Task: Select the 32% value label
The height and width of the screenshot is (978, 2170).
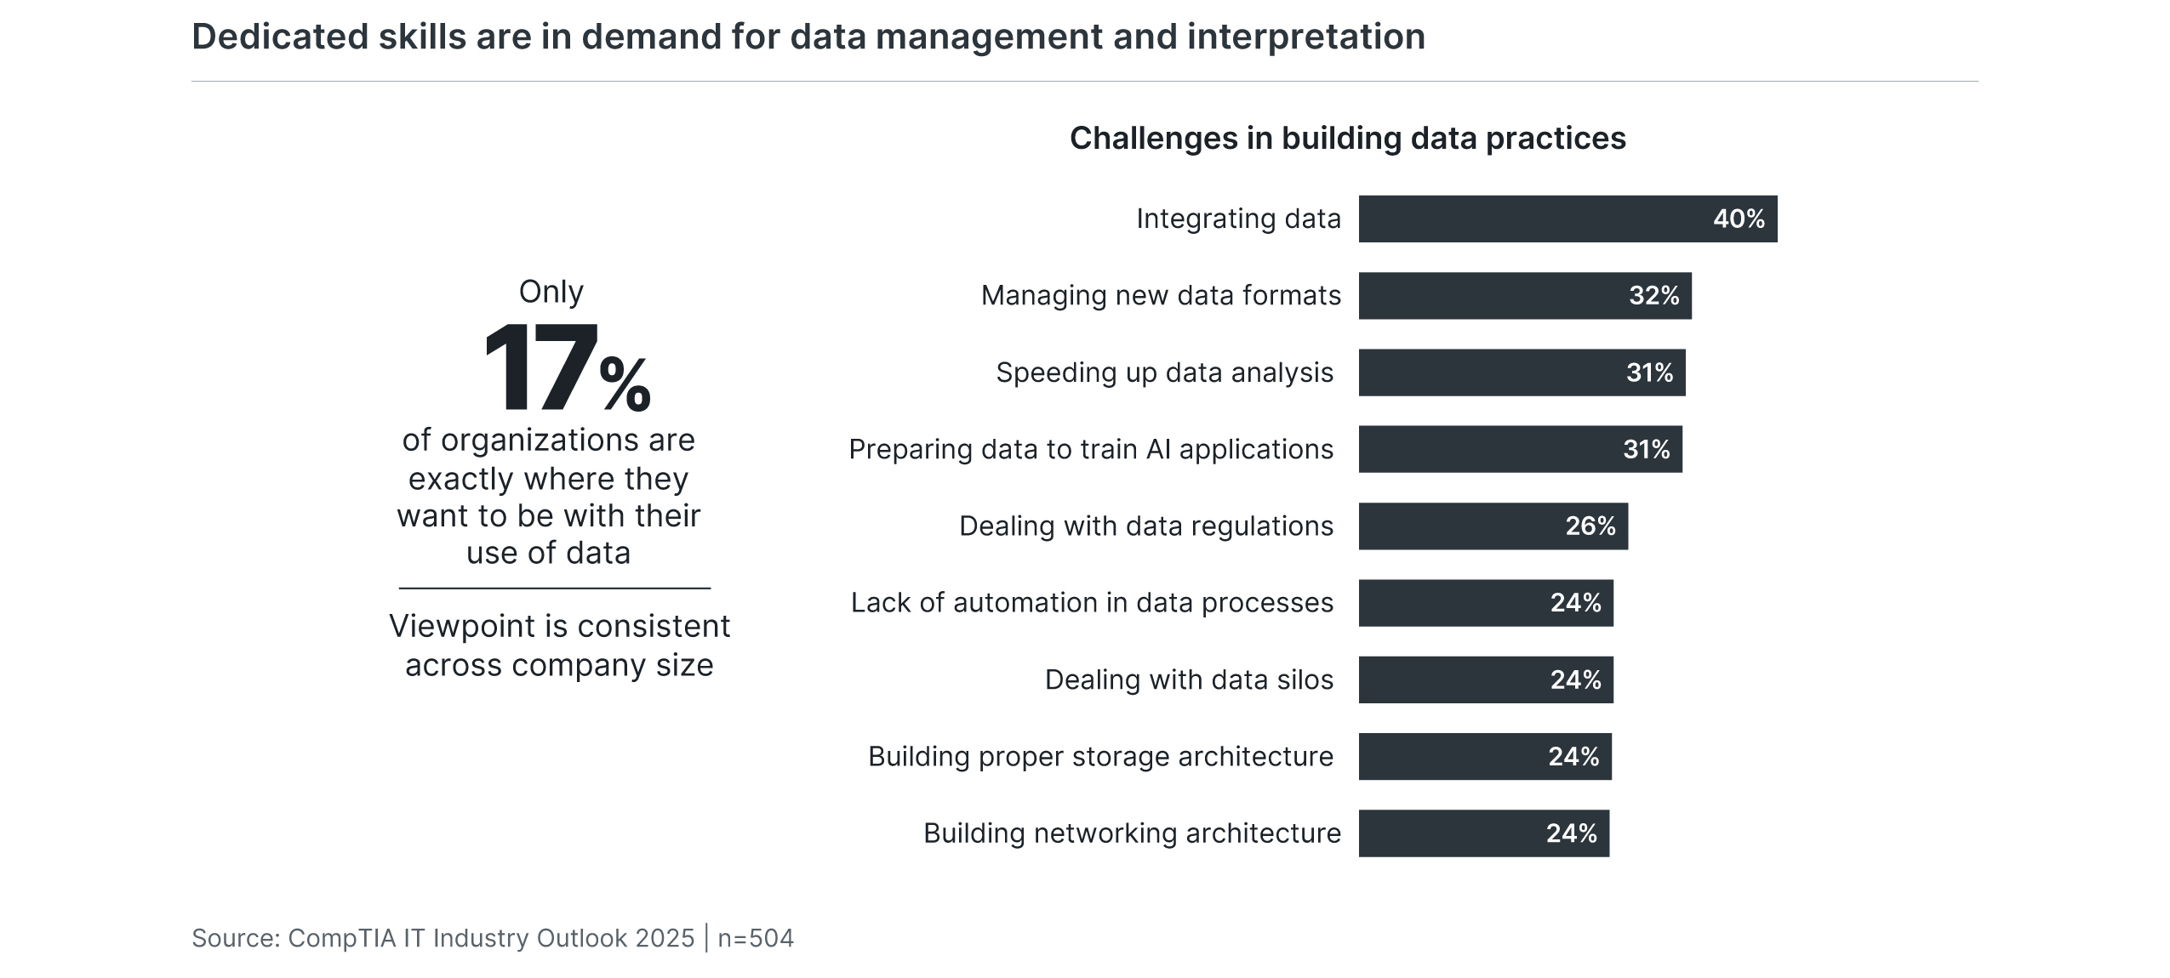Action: tap(1653, 296)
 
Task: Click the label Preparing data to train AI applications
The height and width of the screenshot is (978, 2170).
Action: tap(1090, 449)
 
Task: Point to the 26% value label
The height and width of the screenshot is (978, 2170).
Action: tap(1590, 526)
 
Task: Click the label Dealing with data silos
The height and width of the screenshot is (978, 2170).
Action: tap(1188, 679)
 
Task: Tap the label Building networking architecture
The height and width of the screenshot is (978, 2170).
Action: tap(1132, 833)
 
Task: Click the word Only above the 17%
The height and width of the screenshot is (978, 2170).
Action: tap(551, 292)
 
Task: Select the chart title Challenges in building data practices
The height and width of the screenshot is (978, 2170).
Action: tap(1347, 138)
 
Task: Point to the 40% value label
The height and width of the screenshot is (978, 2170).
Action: tap(1738, 219)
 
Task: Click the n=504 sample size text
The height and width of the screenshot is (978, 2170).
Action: tap(756, 938)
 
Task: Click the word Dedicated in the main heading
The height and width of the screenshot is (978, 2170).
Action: tap(280, 37)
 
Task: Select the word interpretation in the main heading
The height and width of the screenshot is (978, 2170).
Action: tap(1305, 37)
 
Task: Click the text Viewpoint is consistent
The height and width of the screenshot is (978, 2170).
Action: tap(559, 627)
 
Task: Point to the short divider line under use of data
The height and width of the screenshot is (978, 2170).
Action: tap(554, 588)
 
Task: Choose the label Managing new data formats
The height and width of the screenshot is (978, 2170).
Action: tap(1160, 296)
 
